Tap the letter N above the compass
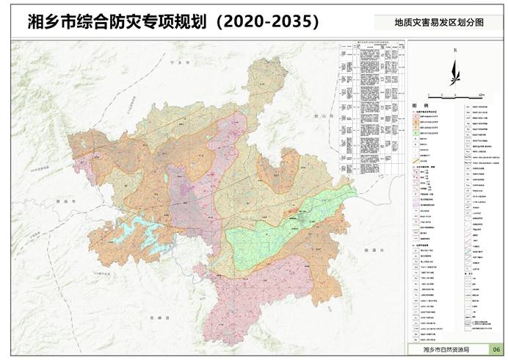point(455,51)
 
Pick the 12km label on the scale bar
point(481,96)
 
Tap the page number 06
point(496,349)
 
